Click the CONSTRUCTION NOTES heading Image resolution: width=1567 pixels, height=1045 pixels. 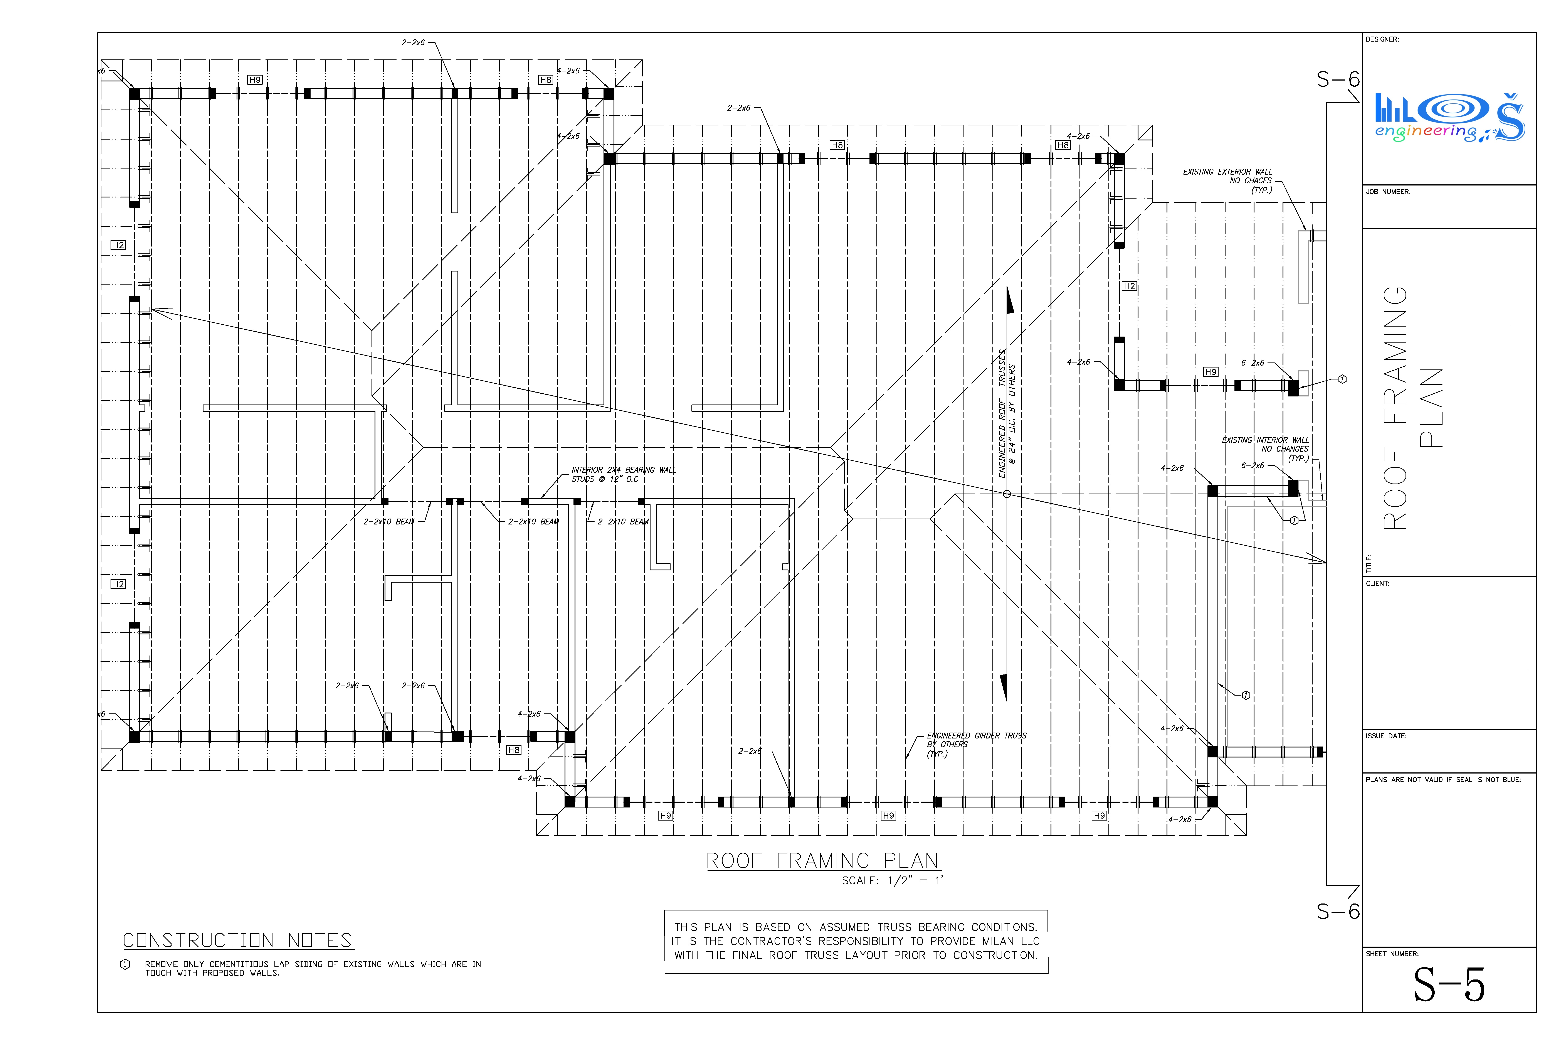point(237,940)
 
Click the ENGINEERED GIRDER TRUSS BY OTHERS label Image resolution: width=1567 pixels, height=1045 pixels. point(976,744)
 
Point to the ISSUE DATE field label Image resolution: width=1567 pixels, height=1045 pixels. point(1386,736)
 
